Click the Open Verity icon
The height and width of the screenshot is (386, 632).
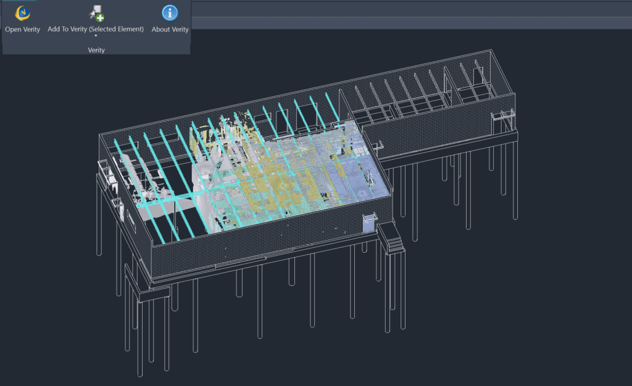(x=23, y=13)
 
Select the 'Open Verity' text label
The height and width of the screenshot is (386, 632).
(x=23, y=30)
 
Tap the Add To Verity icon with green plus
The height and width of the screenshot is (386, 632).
(x=96, y=14)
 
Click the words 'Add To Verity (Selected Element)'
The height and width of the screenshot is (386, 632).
(x=96, y=29)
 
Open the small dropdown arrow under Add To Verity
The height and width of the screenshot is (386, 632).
(x=96, y=36)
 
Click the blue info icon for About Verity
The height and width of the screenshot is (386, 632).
(x=170, y=13)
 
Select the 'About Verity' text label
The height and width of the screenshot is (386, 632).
(x=170, y=30)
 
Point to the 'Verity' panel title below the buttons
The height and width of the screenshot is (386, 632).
(x=96, y=50)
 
